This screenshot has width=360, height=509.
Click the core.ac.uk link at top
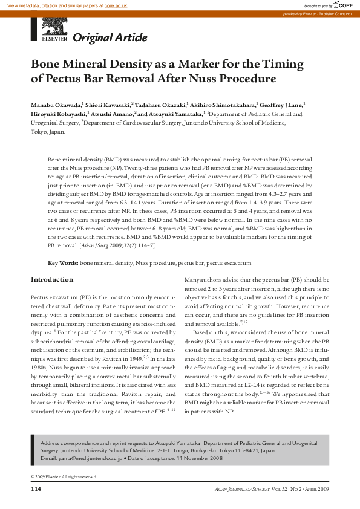click(116, 5)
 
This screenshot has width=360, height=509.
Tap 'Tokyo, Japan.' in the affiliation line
click(48, 131)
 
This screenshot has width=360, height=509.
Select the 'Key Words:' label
click(63, 264)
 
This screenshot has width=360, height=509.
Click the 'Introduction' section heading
click(52, 280)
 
